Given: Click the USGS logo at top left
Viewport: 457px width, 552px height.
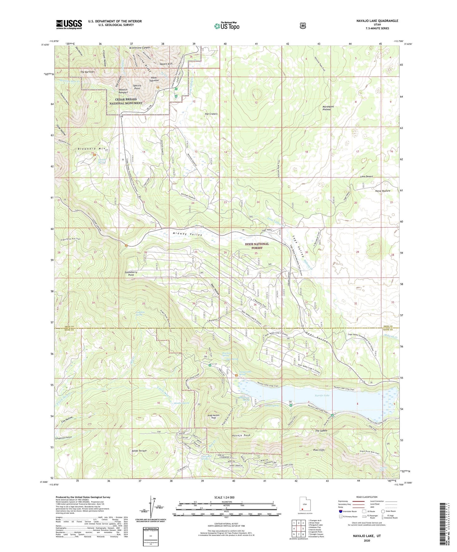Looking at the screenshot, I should tap(69, 24).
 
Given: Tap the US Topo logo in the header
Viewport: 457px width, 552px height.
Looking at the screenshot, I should tap(226, 26).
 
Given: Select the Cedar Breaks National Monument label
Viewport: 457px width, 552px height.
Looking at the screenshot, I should tap(126, 101).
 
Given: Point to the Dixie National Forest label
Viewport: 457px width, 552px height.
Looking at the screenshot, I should tap(257, 246).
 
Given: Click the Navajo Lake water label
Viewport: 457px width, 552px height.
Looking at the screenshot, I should tap(322, 395).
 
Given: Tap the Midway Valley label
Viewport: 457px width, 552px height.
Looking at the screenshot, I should tap(187, 234).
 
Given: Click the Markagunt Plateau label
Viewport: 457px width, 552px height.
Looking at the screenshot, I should tap(328, 108).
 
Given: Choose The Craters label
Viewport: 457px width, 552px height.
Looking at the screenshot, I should tap(211, 114).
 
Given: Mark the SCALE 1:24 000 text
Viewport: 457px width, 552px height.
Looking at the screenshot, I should tap(224, 497).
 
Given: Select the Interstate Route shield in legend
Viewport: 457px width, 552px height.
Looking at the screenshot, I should tap(341, 511).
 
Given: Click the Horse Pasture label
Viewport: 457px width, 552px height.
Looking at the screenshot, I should tap(382, 191).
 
